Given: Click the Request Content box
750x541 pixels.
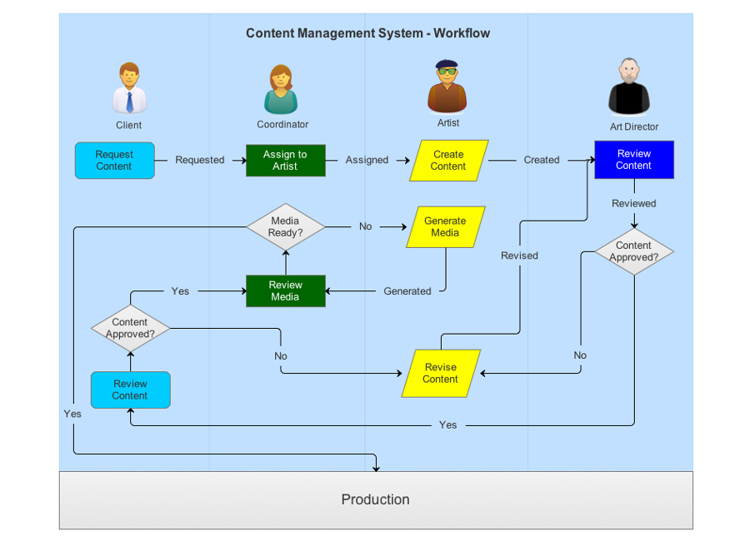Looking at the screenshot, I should point(114,161).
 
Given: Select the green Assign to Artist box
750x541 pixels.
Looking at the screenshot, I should point(285,161).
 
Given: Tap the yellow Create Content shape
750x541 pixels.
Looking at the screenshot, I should point(448,161).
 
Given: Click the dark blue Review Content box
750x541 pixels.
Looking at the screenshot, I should point(633,160).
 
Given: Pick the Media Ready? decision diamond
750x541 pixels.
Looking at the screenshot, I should point(285,227).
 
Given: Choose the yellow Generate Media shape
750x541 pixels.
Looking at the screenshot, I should point(445,227).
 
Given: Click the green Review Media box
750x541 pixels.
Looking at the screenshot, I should point(285,291).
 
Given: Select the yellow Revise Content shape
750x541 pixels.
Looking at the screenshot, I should point(441,374).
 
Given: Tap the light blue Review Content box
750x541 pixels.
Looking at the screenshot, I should point(130,390).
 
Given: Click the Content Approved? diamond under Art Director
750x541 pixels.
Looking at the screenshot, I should point(633,251).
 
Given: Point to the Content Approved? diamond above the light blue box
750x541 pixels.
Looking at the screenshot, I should point(130,329).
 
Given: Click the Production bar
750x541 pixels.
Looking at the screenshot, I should point(376,499).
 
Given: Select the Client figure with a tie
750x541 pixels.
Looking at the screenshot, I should point(129,88).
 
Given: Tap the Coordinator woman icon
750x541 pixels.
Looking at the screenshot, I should point(282,90).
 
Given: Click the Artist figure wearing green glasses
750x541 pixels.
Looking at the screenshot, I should point(447,87).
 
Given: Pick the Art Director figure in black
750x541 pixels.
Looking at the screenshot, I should point(628,87).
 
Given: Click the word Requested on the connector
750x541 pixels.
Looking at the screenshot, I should point(200,160).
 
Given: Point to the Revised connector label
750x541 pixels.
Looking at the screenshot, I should point(519,256).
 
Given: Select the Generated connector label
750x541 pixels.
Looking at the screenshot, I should point(407,291).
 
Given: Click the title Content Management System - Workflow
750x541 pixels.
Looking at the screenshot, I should point(367,33).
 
